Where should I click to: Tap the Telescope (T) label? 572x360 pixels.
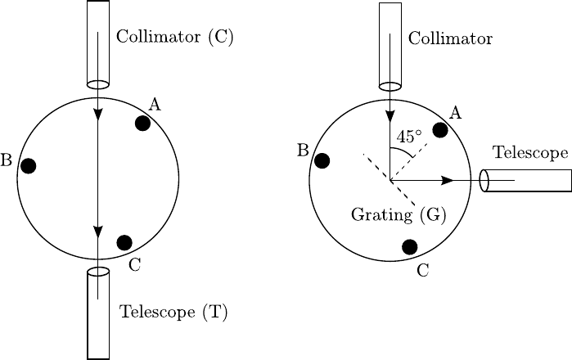pyautogui.click(x=173, y=311)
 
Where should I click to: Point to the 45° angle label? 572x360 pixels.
pyautogui.click(x=408, y=137)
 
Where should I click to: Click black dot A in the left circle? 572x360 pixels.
pyautogui.click(x=142, y=124)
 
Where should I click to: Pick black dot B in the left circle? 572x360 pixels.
pyautogui.click(x=29, y=166)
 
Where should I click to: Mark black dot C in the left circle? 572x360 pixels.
pyautogui.click(x=124, y=242)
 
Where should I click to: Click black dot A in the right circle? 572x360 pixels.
pyautogui.click(x=440, y=129)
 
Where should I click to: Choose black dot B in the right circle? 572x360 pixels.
pyautogui.click(x=322, y=160)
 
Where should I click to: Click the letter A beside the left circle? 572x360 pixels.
pyautogui.click(x=155, y=103)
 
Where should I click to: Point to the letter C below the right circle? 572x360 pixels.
pyautogui.click(x=423, y=269)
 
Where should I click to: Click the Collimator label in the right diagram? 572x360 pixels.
pyautogui.click(x=450, y=38)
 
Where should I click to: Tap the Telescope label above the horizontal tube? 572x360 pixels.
pyautogui.click(x=529, y=153)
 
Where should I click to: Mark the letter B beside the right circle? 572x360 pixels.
pyautogui.click(x=302, y=151)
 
